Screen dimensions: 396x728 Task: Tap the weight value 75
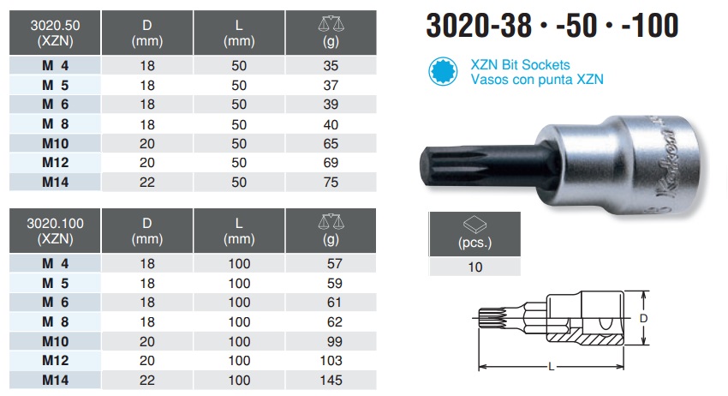pyautogui.click(x=331, y=182)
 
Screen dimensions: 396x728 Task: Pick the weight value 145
pyautogui.click(x=331, y=381)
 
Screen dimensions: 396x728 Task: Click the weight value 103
pyautogui.click(x=331, y=361)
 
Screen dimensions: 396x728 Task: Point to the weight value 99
pyautogui.click(x=331, y=341)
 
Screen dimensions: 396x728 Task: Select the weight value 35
pyautogui.click(x=331, y=66)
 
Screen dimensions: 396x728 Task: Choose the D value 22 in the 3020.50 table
pyautogui.click(x=147, y=182)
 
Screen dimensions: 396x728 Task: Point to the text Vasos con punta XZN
pyautogui.click(x=537, y=80)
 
